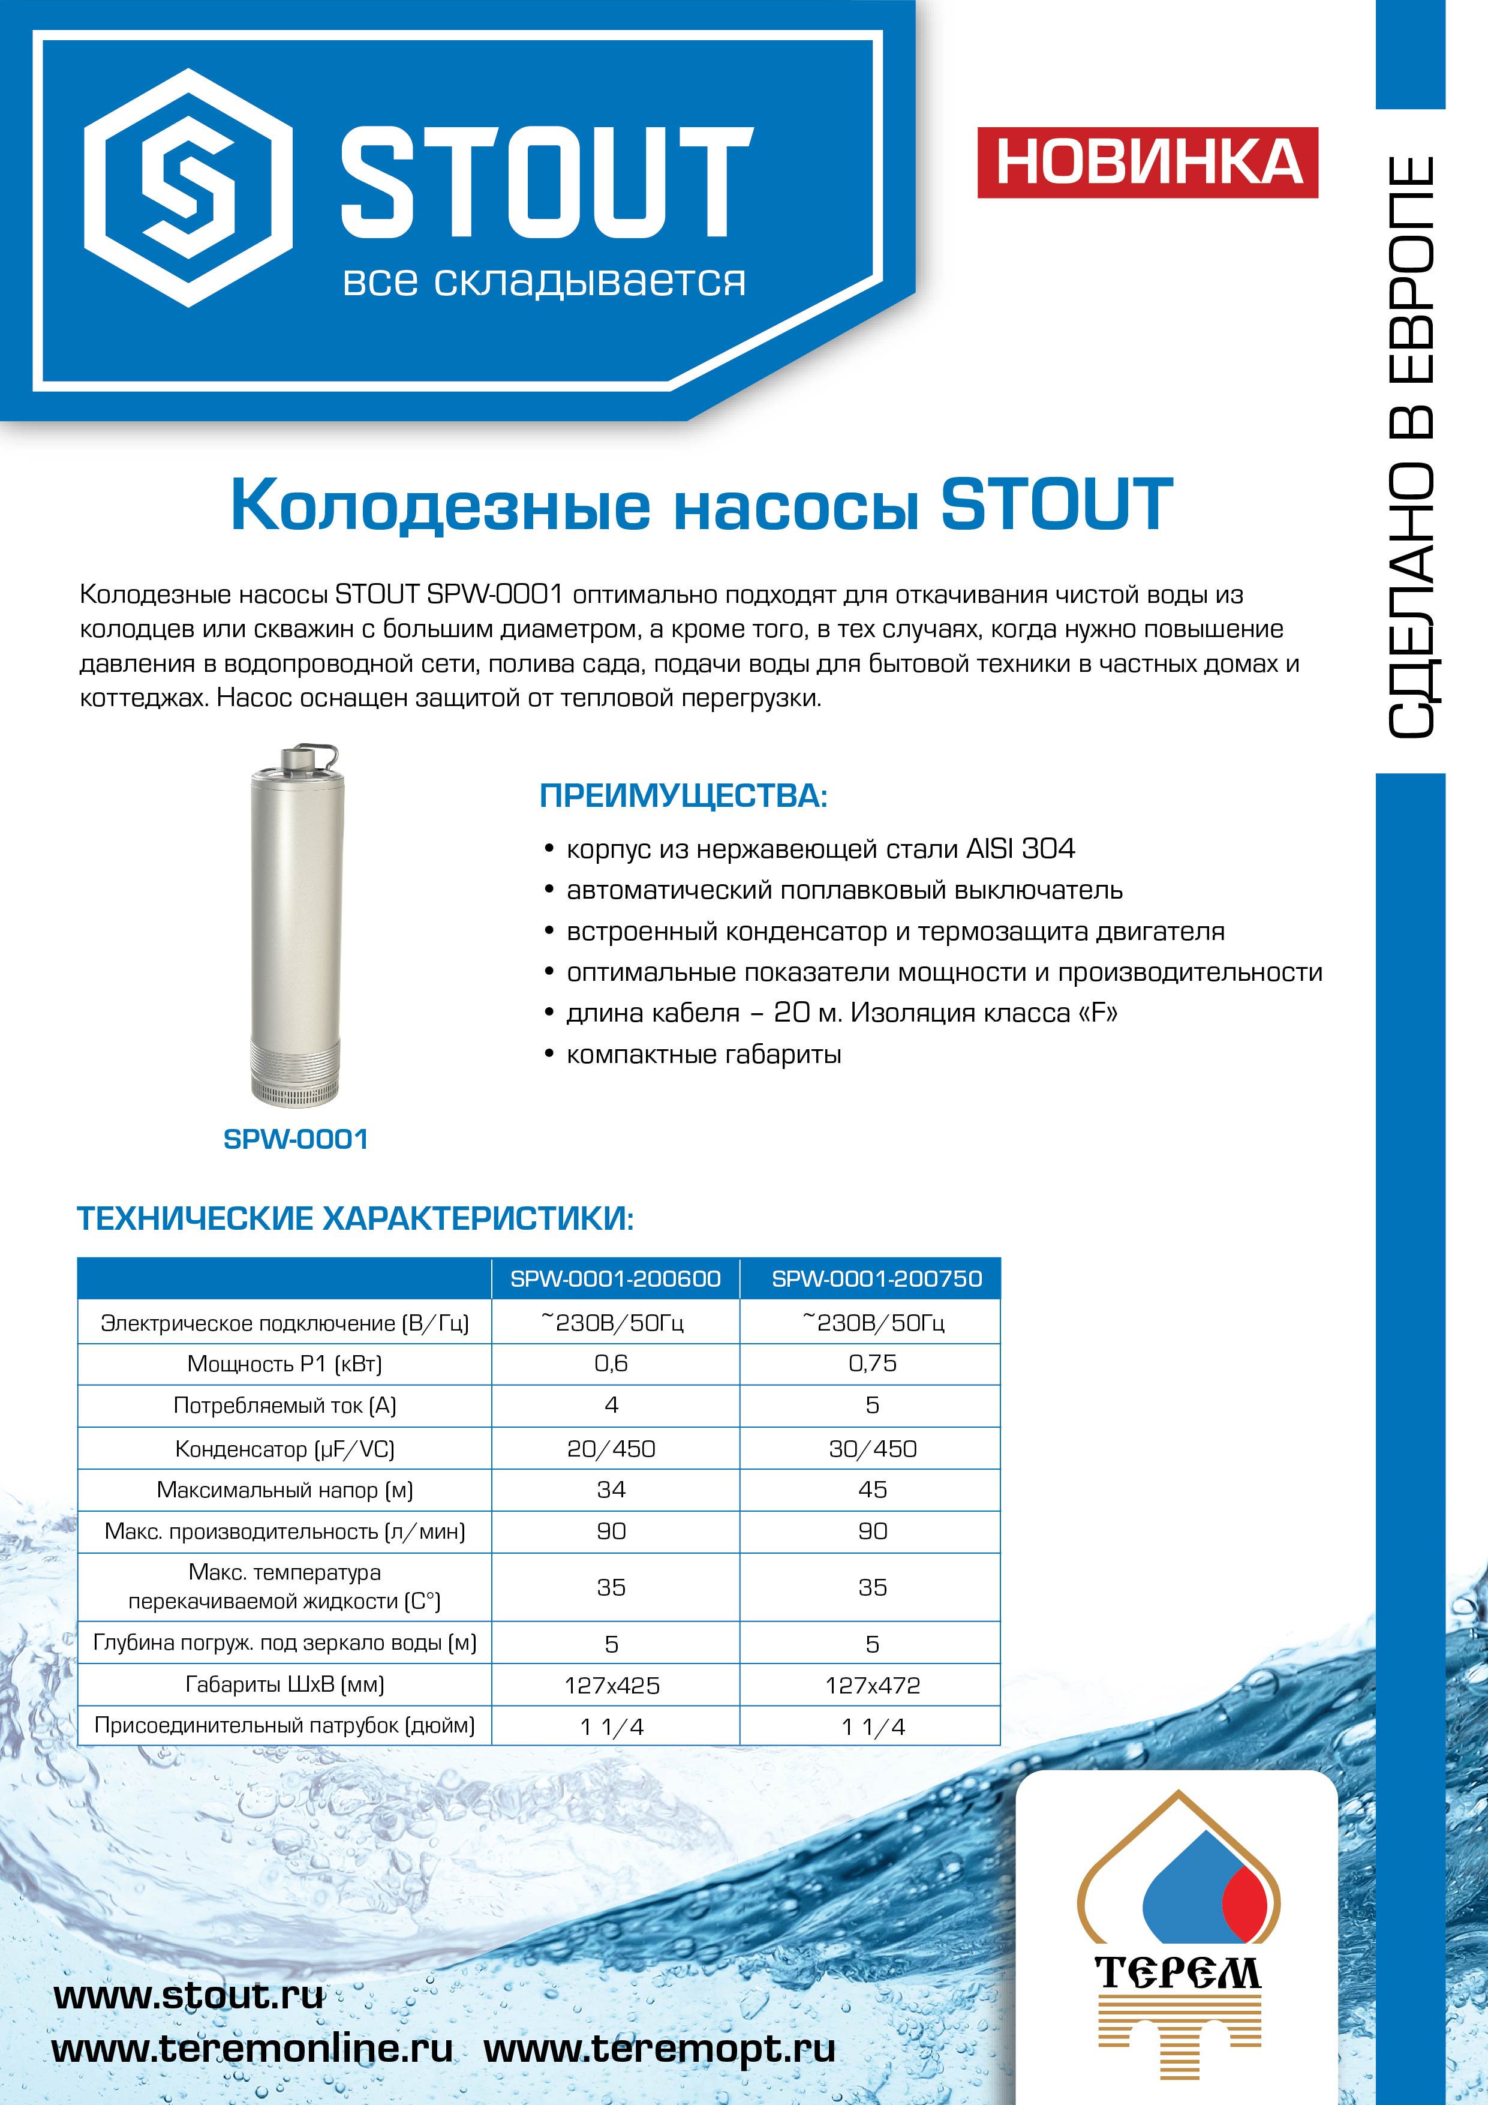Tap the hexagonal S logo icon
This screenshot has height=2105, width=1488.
click(x=189, y=188)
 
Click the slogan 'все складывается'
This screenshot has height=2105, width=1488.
click(x=543, y=281)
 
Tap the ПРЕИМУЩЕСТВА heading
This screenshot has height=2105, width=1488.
click(x=683, y=796)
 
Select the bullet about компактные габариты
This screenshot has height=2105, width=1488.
click(x=703, y=1055)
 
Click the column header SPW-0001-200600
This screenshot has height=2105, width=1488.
click(x=615, y=1279)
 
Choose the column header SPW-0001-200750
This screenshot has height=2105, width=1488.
click(x=876, y=1279)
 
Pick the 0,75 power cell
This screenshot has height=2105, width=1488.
click(x=872, y=1364)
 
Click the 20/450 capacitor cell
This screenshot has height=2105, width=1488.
click(x=612, y=1449)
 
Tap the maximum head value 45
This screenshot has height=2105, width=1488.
click(x=872, y=1490)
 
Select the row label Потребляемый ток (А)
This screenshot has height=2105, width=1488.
click(x=284, y=1406)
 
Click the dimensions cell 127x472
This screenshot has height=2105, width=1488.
click(x=872, y=1685)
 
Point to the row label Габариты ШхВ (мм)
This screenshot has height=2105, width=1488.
click(x=284, y=1684)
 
